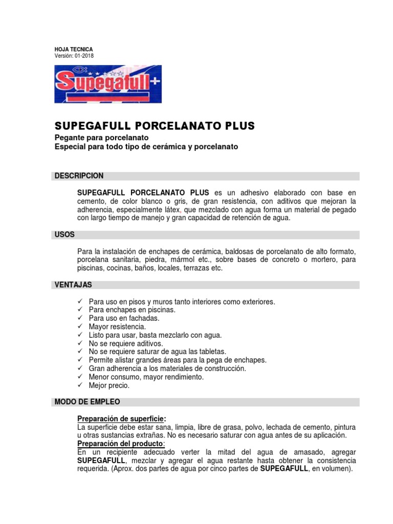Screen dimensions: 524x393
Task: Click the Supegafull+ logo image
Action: (108, 84)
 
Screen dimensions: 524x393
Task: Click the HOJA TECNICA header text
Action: (74, 49)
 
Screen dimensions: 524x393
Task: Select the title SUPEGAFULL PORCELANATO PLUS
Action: (155, 126)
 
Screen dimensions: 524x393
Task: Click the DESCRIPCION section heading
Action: (79, 176)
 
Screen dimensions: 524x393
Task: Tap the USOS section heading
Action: (64, 234)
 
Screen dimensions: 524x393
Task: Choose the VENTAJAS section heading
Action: (73, 285)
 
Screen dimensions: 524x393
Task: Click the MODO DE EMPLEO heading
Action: (88, 402)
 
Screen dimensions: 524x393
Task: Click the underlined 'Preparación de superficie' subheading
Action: (121, 418)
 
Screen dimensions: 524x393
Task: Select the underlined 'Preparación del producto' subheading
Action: (121, 443)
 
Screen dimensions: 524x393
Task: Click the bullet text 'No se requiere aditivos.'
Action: (126, 343)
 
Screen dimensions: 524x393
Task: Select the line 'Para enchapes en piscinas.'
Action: (132, 310)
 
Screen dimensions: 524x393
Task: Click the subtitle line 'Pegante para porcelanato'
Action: (101, 138)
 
